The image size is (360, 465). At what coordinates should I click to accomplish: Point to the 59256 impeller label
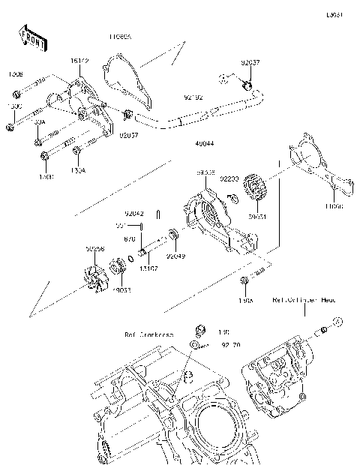click(94, 247)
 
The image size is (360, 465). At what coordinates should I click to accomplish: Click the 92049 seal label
click(175, 256)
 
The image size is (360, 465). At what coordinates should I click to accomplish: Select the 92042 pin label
click(134, 214)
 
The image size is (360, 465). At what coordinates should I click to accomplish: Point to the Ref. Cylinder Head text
click(304, 299)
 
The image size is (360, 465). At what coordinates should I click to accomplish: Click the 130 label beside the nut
click(222, 332)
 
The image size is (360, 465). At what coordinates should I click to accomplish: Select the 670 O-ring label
click(129, 238)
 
